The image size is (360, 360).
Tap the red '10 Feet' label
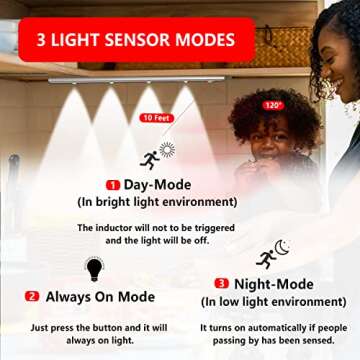tap(154, 117)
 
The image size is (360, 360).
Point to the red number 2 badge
tap(32, 297)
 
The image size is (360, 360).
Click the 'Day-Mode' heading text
tap(157, 185)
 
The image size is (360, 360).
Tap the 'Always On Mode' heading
tap(99, 297)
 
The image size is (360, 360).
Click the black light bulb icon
tap(94, 268)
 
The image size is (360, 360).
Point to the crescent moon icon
tap(282, 246)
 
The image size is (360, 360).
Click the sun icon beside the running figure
tap(167, 149)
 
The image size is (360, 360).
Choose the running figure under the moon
tap(265, 259)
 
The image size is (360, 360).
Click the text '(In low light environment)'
tap(273, 301)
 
